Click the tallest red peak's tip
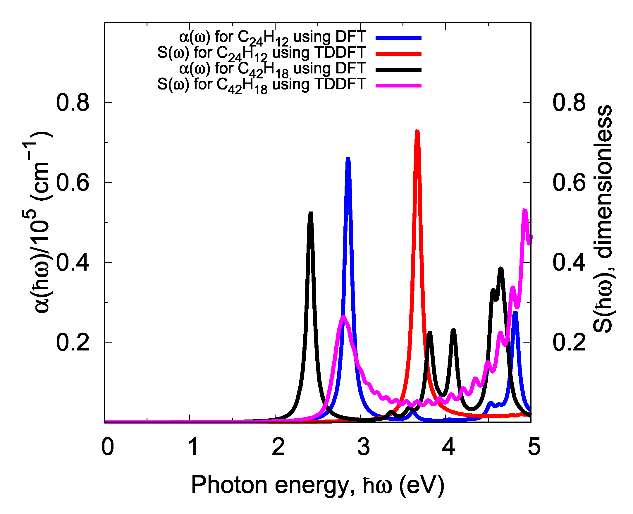pyautogui.click(x=417, y=131)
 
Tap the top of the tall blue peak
pyautogui.click(x=348, y=158)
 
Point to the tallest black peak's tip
pyautogui.click(x=311, y=213)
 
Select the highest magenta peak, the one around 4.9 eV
pyautogui.click(x=525, y=210)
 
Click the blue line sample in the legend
pyautogui.click(x=398, y=38)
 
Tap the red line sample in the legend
pyautogui.click(x=398, y=54)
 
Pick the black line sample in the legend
pyautogui.click(x=398, y=70)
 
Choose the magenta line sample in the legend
pyautogui.click(x=398, y=85)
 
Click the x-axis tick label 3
pyautogui.click(x=363, y=447)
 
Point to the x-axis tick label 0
pyautogui.click(x=107, y=447)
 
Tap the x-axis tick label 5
pyautogui.click(x=534, y=447)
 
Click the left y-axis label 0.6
pyautogui.click(x=73, y=183)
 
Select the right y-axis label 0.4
pyautogui.click(x=569, y=262)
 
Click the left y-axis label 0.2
pyautogui.click(x=73, y=343)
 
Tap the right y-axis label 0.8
pyautogui.click(x=569, y=103)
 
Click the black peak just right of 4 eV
pyautogui.click(x=453, y=330)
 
